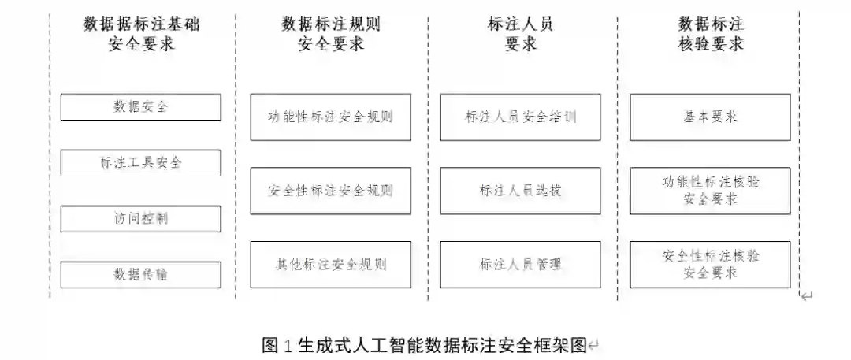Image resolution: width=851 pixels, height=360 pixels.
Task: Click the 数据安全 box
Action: click(140, 107)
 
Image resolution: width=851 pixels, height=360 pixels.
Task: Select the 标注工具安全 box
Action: click(140, 163)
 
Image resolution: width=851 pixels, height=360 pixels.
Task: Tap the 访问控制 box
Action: click(140, 218)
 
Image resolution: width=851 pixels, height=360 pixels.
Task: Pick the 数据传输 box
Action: click(140, 274)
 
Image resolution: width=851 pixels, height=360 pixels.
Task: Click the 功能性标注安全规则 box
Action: click(330, 117)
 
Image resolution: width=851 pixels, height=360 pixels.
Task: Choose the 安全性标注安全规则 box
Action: click(330, 191)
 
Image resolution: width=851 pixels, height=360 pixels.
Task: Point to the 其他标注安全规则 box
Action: click(330, 264)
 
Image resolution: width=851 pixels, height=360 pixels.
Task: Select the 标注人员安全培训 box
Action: click(520, 117)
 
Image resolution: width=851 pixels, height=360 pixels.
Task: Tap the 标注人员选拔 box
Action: click(520, 191)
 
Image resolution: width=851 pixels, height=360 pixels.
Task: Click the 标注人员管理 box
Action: click(520, 264)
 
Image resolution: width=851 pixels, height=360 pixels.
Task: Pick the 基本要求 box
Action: click(710, 117)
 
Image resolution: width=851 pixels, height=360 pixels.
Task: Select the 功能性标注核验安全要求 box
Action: click(710, 191)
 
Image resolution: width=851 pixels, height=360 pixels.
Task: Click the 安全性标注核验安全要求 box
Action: click(710, 264)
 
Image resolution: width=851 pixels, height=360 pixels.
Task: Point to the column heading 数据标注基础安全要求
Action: click(141, 34)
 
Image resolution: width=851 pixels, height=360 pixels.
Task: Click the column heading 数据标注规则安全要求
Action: click(331, 34)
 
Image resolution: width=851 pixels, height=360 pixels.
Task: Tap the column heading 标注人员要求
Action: click(520, 34)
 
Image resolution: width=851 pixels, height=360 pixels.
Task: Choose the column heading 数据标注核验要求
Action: click(710, 34)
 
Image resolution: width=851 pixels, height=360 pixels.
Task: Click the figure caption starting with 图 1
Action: click(425, 345)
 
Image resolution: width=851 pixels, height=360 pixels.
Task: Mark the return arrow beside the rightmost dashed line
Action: click(807, 296)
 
